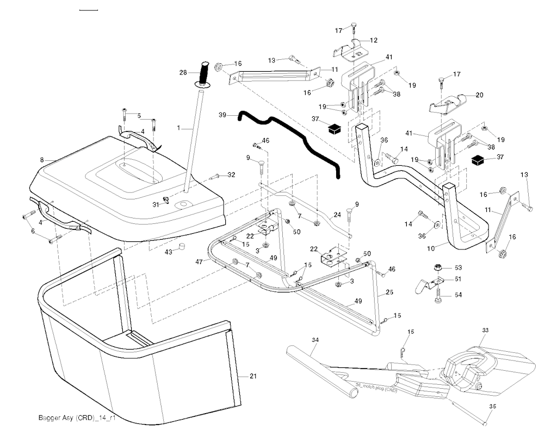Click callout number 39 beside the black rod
(222, 115)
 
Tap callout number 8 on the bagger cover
(41, 160)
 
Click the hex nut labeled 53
(437, 267)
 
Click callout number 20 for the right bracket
(479, 95)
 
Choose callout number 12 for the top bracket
(374, 40)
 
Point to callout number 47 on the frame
(199, 261)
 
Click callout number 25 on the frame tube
(389, 293)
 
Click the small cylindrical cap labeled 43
(183, 247)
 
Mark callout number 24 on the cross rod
(338, 215)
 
